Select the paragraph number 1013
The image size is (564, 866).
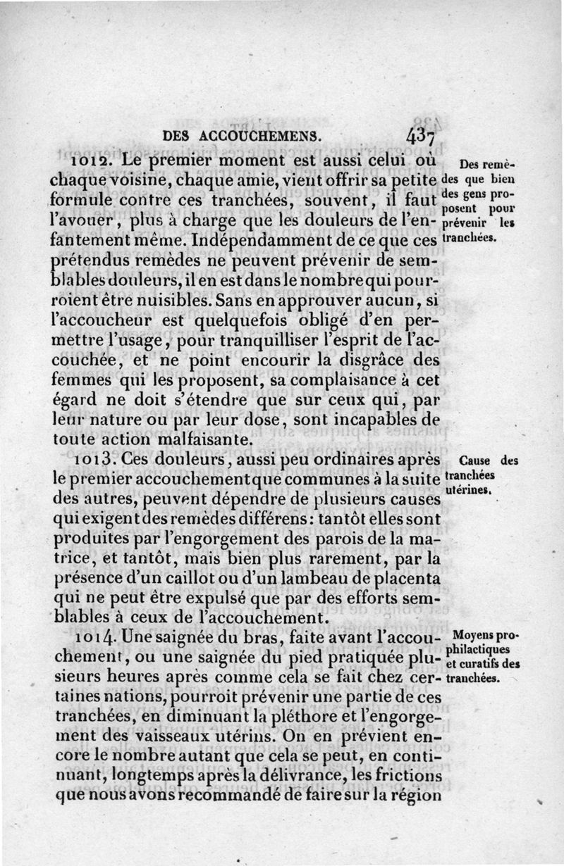pyautogui.click(x=95, y=459)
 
